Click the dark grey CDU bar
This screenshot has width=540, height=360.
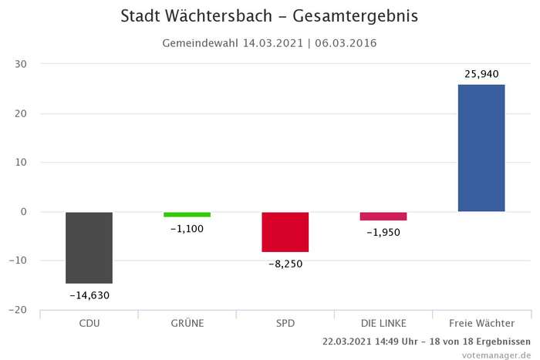(89, 247)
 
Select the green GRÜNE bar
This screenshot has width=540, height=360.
(187, 214)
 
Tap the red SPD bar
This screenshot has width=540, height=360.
(285, 232)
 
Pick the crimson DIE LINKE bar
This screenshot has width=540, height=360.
(383, 217)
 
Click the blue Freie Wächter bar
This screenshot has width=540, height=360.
(481, 148)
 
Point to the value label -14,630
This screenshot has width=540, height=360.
(89, 295)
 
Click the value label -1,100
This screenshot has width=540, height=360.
(187, 229)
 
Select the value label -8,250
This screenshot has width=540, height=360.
(285, 264)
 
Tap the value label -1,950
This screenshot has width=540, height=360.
(383, 232)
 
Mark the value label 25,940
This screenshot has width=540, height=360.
(481, 74)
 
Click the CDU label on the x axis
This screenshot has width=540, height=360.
(89, 323)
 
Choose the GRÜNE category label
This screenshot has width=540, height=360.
(187, 323)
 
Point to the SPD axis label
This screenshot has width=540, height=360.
(285, 323)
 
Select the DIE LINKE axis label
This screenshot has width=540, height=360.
(383, 323)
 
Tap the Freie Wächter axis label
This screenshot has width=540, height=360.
(481, 323)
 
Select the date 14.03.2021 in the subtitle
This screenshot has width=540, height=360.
(272, 43)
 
